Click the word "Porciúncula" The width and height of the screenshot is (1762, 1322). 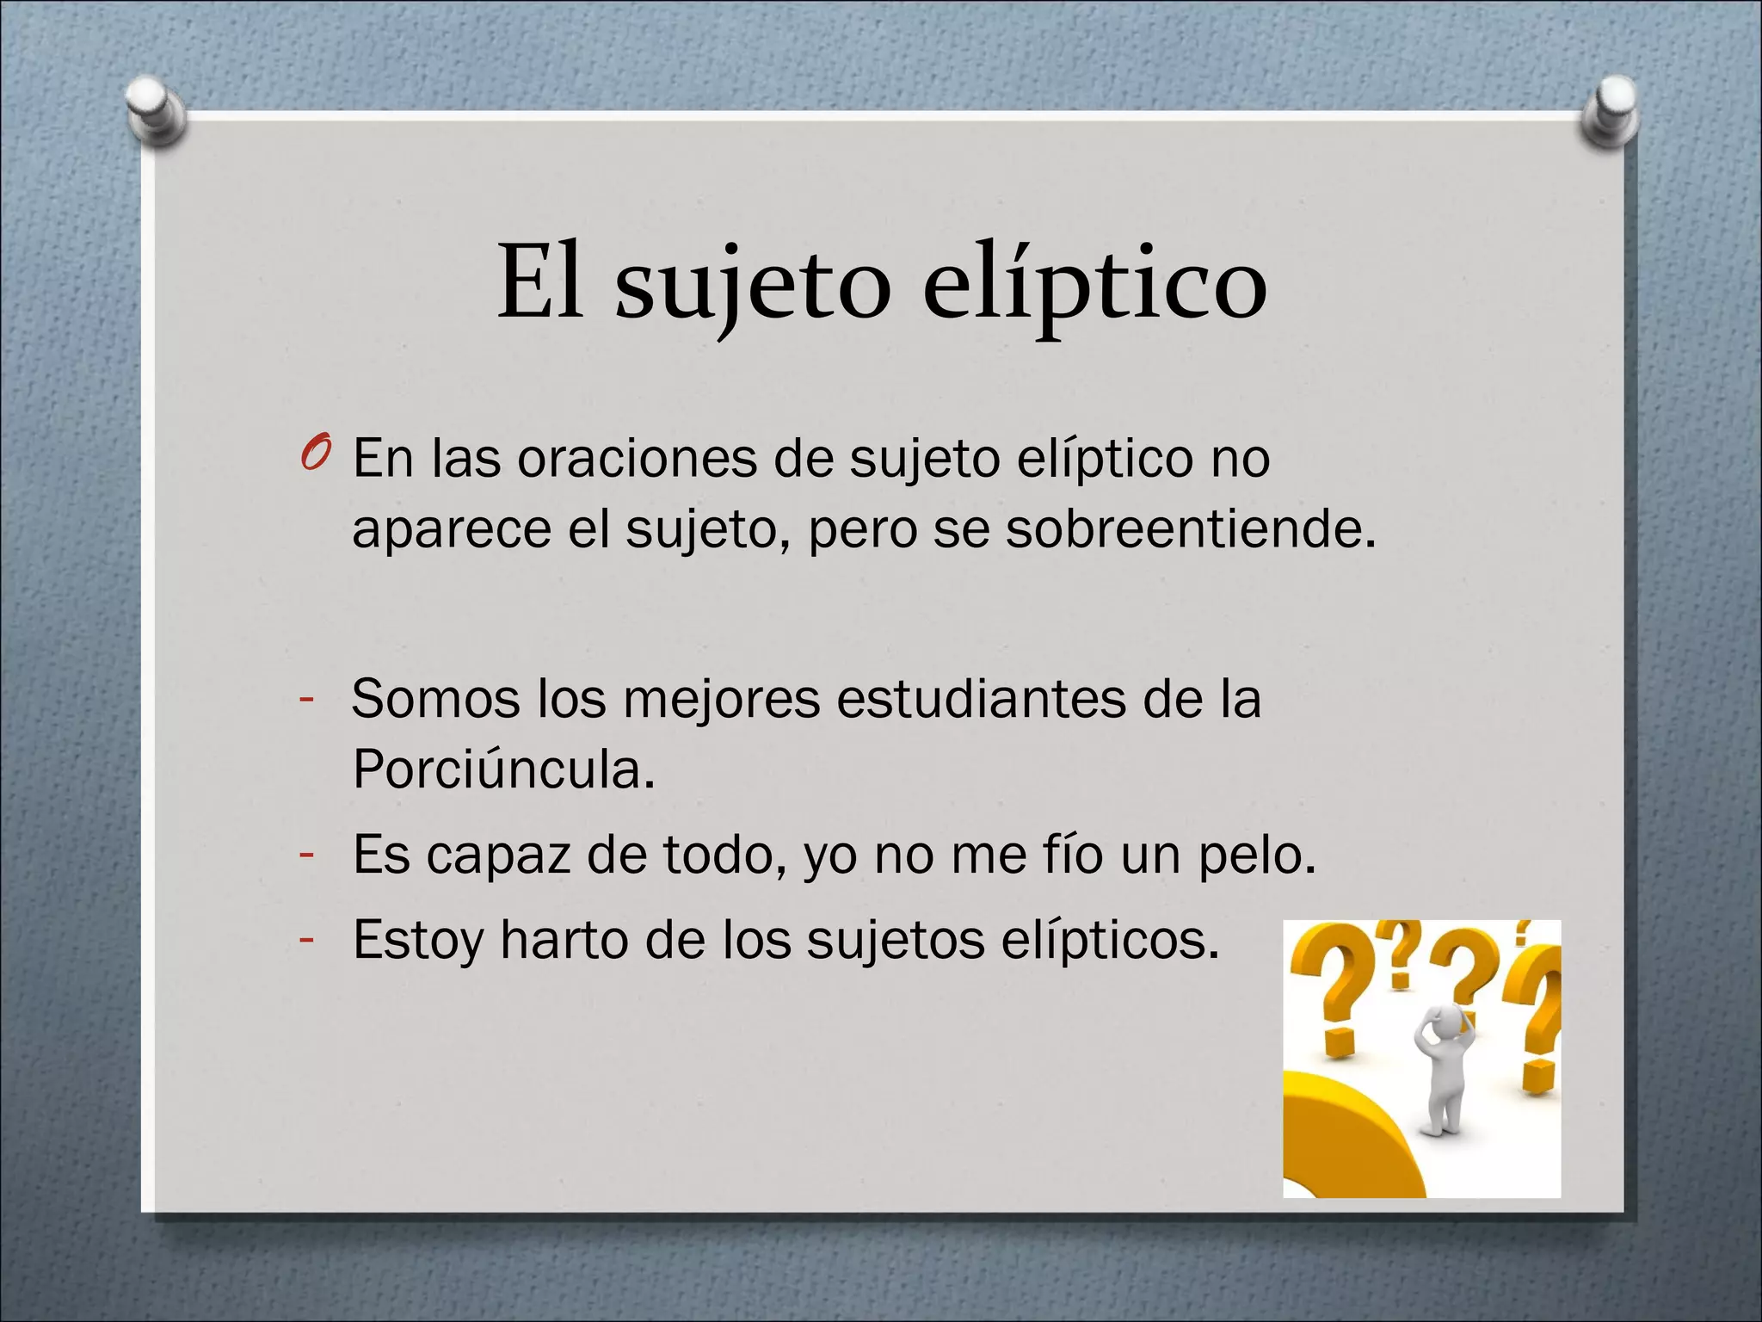(x=503, y=769)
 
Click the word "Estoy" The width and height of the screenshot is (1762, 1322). (x=418, y=940)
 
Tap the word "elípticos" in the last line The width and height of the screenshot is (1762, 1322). (x=1109, y=940)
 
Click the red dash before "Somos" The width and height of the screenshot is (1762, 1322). (x=305, y=700)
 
